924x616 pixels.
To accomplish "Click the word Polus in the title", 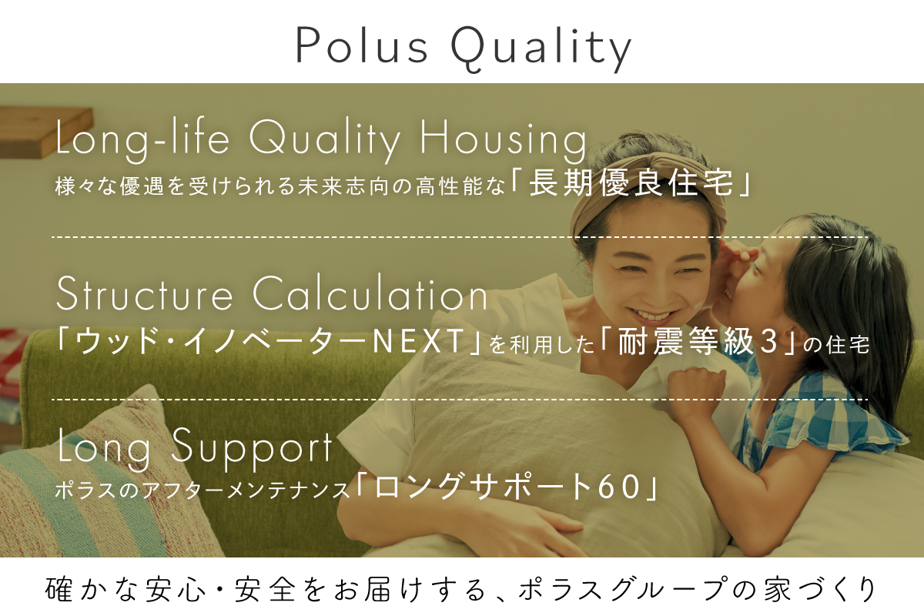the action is (362, 45).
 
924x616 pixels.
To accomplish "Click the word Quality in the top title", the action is (541, 49).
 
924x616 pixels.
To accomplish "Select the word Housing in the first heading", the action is (503, 141).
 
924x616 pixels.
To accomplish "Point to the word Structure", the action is (145, 294).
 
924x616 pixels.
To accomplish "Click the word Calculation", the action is (370, 293).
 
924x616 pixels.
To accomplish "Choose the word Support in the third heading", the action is (251, 450).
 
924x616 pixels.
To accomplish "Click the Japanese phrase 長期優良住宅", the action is (631, 182).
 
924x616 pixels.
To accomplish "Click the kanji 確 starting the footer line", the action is (59, 589).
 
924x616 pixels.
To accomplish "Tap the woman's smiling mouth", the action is (651, 316).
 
